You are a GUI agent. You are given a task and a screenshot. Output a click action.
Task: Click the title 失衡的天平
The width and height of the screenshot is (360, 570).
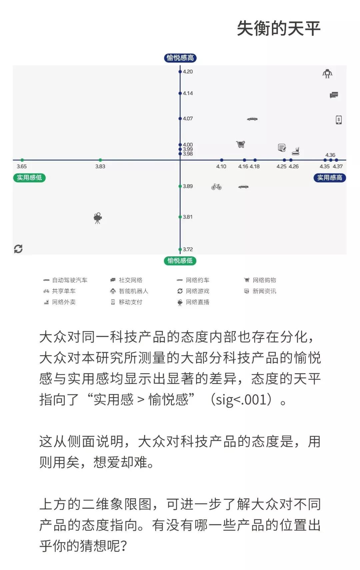pos(278,28)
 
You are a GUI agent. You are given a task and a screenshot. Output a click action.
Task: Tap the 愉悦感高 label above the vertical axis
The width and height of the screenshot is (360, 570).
pos(180,58)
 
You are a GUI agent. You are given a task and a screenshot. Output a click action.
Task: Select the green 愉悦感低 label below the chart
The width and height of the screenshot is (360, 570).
pos(180,261)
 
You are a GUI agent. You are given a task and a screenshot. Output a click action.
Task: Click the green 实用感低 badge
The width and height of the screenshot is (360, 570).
pos(29,178)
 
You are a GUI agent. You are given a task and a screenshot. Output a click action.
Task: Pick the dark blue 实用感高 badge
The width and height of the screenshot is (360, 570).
pos(330,178)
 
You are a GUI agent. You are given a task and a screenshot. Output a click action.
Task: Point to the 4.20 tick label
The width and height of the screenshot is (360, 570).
pos(188,72)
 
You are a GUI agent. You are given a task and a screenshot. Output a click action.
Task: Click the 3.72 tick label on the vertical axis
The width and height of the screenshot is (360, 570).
pos(188,249)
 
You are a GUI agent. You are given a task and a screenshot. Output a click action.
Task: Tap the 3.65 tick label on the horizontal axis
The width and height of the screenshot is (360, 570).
pos(22,166)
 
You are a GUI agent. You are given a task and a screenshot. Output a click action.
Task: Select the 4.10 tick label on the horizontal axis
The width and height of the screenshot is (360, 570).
pos(221,166)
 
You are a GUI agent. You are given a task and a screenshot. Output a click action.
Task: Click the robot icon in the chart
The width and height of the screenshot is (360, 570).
pos(327,74)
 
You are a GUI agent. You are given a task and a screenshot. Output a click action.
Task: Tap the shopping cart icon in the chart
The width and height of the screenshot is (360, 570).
pos(241,144)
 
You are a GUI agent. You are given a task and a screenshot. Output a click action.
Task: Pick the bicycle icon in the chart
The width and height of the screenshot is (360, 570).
pos(216,187)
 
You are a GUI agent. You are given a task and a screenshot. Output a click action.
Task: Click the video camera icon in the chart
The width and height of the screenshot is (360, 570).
pos(98,218)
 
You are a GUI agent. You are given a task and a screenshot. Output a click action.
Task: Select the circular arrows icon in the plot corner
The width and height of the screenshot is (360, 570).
pos(18,249)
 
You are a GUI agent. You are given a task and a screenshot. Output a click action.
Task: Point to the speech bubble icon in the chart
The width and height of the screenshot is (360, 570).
pos(334,95)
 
